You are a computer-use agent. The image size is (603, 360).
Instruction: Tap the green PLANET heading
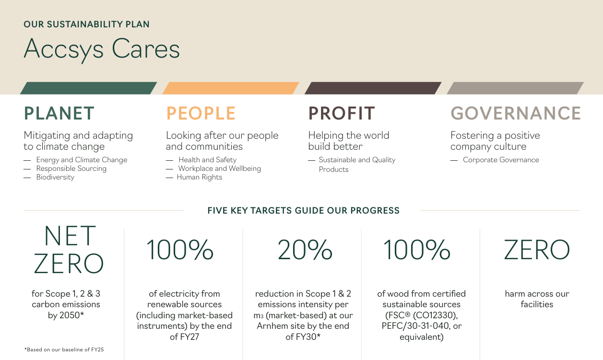[59, 113]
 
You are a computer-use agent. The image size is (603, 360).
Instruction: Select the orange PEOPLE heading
[201, 113]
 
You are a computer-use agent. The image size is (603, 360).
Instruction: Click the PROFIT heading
[342, 113]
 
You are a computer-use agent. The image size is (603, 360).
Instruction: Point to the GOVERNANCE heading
[516, 113]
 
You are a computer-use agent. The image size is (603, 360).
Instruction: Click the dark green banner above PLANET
[89, 88]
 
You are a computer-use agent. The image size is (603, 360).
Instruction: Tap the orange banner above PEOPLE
[231, 88]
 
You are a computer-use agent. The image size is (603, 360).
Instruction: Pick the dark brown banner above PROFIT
[373, 88]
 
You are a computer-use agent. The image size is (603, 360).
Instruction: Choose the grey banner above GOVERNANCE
[515, 88]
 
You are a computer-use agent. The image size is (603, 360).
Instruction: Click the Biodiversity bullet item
[55, 177]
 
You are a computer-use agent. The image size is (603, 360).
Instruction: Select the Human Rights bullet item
[200, 177]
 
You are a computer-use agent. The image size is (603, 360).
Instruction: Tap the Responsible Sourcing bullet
[71, 168]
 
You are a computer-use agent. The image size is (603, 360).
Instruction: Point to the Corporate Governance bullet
[501, 160]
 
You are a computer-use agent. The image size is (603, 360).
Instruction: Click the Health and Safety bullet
[208, 160]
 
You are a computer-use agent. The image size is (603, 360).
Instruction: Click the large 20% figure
[305, 250]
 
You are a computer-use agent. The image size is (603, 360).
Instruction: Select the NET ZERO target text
[69, 250]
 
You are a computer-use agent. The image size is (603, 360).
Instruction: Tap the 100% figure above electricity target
[180, 250]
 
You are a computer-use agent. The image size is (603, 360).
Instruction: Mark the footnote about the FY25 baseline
[64, 349]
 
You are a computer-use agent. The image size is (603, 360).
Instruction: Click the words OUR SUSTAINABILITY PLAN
[86, 24]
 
